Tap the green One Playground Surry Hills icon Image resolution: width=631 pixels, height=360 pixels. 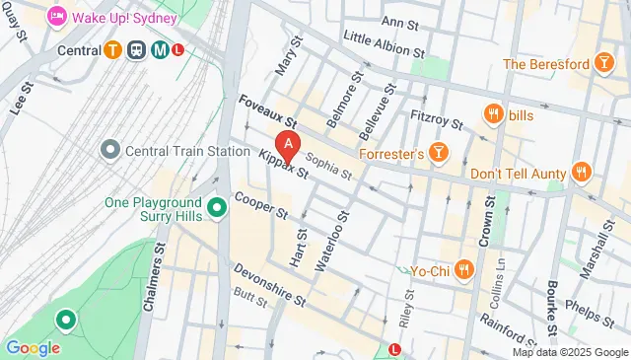[x=218, y=208]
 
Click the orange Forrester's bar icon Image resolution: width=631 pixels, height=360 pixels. [x=439, y=153]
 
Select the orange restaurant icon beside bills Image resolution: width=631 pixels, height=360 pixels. [x=490, y=116]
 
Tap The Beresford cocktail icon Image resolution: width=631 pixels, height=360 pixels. [x=601, y=64]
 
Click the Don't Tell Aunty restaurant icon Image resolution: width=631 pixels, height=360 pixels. [x=582, y=172]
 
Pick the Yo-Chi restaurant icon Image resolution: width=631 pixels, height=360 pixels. [x=464, y=268]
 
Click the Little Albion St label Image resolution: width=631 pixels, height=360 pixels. [x=384, y=44]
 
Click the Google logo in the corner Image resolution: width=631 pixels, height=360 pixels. [x=33, y=347]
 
